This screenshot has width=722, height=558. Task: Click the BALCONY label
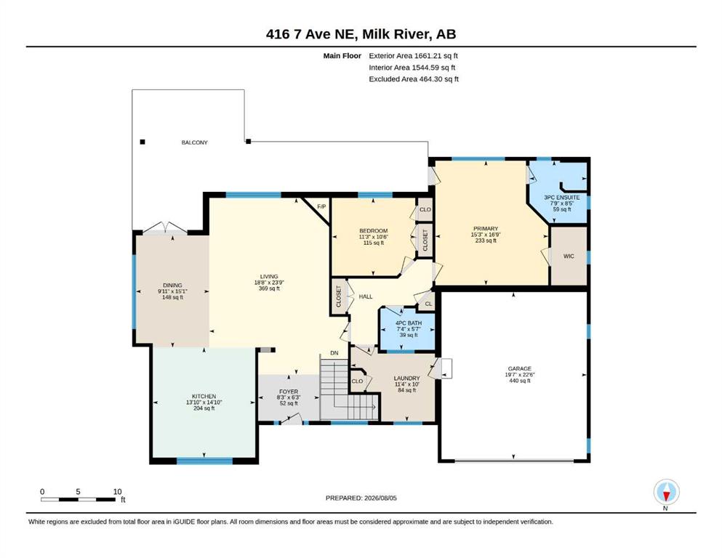tap(194, 142)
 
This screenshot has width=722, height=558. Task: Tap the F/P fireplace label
tap(321, 207)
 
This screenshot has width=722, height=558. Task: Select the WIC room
tap(569, 256)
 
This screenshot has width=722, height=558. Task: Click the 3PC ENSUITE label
tap(562, 198)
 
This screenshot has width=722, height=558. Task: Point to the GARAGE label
tap(519, 368)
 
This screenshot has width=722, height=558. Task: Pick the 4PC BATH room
tap(407, 329)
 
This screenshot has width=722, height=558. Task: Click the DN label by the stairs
tap(334, 353)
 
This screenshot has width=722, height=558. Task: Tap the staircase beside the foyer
tap(348, 389)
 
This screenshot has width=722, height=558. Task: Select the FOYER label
tap(289, 392)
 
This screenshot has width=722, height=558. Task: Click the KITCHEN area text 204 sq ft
tap(204, 408)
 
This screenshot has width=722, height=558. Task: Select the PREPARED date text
tap(361, 498)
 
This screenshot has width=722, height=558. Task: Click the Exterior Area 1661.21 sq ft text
tap(414, 56)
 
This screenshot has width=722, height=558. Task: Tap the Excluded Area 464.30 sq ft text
tap(414, 78)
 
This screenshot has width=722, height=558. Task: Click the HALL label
tap(366, 296)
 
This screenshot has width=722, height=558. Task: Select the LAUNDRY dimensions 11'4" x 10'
tap(407, 384)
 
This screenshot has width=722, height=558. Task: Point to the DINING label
tap(172, 286)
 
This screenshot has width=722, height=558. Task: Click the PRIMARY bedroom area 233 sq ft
tap(486, 240)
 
